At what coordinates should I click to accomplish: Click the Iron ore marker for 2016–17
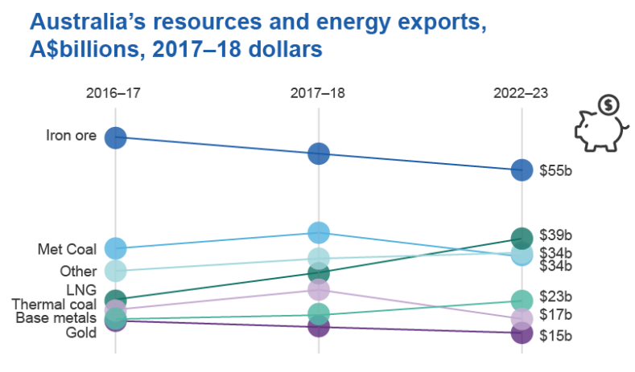click(x=115, y=137)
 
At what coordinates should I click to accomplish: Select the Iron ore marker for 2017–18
click(x=319, y=153)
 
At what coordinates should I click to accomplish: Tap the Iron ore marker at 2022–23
click(x=522, y=170)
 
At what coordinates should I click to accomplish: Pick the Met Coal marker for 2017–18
click(x=319, y=232)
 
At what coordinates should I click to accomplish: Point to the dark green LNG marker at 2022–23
click(x=522, y=237)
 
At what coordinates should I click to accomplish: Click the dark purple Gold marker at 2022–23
click(x=522, y=333)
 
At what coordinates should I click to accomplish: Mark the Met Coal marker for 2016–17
click(x=115, y=248)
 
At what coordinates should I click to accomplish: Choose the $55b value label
click(x=555, y=170)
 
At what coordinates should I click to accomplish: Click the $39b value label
click(x=555, y=236)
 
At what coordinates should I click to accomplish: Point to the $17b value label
click(x=555, y=315)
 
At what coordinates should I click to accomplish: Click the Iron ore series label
click(x=71, y=135)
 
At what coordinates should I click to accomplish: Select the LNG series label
click(x=80, y=289)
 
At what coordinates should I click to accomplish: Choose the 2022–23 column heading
click(x=521, y=93)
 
